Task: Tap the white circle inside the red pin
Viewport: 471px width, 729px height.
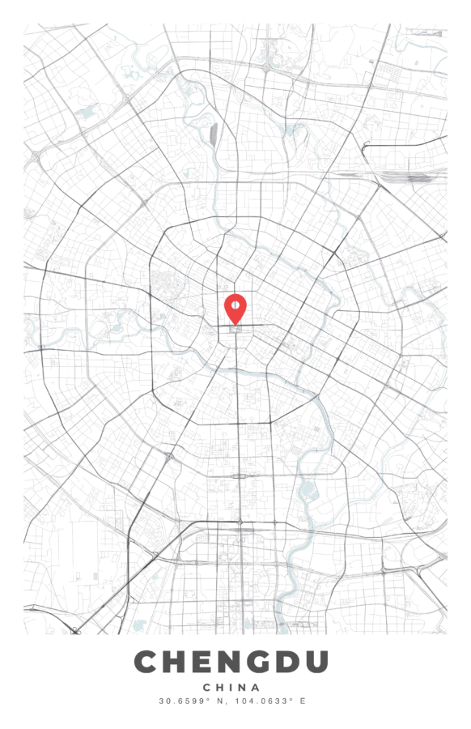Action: (x=235, y=305)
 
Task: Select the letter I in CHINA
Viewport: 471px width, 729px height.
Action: (x=231, y=687)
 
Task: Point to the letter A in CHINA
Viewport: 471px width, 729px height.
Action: (x=257, y=687)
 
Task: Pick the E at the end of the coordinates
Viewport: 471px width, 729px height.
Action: (x=303, y=701)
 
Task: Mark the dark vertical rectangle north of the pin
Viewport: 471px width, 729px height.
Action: (x=214, y=133)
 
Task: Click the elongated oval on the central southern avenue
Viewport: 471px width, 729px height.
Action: (x=239, y=475)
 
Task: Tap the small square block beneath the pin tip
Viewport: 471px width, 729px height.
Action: (x=235, y=330)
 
